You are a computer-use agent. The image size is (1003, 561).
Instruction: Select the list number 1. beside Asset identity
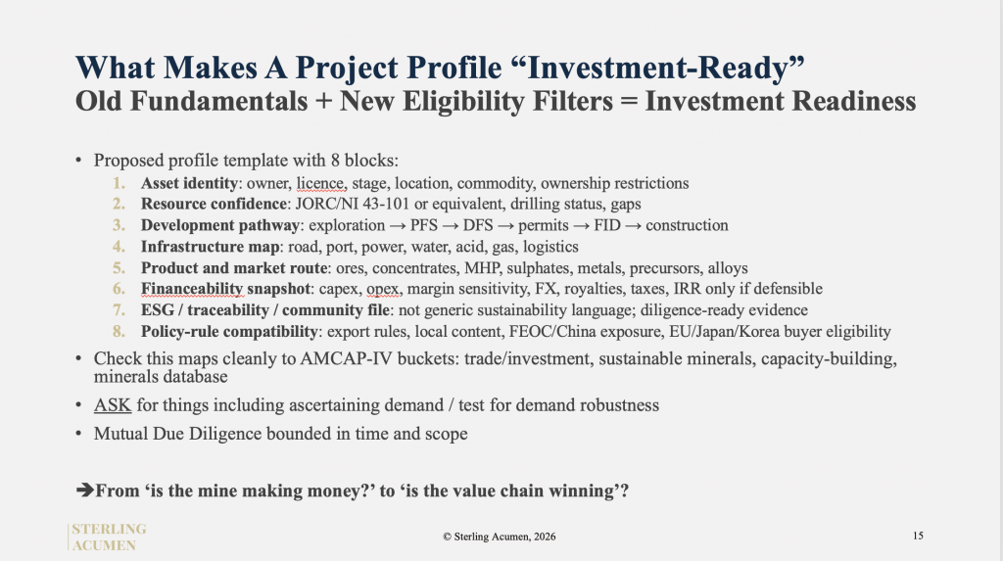tap(119, 184)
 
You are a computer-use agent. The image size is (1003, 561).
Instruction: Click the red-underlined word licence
tap(321, 184)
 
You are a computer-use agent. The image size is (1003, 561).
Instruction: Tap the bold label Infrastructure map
tap(210, 247)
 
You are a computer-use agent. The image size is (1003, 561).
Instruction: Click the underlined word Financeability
tap(192, 289)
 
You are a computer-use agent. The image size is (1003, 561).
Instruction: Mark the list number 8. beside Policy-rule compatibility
tap(119, 331)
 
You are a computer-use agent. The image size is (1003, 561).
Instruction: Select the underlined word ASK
tap(113, 405)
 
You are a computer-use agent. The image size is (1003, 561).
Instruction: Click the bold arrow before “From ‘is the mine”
tap(85, 491)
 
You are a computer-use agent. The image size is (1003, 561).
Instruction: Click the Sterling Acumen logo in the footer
tap(109, 538)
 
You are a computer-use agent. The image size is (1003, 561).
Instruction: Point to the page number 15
tap(918, 537)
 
